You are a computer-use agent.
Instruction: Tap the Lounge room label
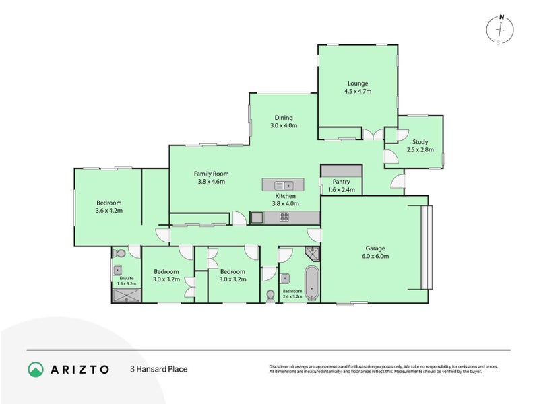(358, 86)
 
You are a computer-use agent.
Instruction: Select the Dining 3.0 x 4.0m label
(283, 121)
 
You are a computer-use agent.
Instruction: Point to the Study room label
(420, 145)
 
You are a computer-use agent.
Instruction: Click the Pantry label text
(342, 186)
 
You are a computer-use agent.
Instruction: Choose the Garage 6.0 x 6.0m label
(376, 252)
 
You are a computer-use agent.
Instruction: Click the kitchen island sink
(287, 184)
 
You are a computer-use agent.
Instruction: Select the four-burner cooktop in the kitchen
(284, 217)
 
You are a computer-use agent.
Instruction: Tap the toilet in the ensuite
(119, 255)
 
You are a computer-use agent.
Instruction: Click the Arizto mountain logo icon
(35, 369)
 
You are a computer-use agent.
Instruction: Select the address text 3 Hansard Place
(158, 369)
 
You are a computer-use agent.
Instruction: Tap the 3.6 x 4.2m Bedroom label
(108, 207)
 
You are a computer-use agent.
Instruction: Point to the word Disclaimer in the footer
(280, 366)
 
